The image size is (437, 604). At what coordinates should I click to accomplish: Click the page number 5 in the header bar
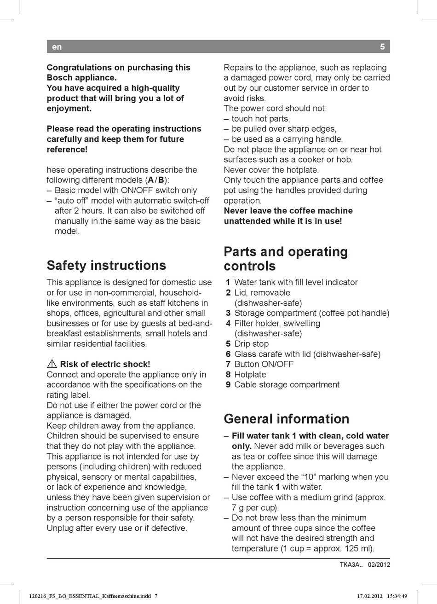click(x=382, y=46)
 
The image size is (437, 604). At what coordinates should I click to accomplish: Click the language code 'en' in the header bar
click(x=57, y=46)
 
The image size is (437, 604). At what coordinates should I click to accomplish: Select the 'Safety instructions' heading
click(x=106, y=265)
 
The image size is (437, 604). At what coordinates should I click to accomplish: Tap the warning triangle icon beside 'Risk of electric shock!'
click(x=52, y=364)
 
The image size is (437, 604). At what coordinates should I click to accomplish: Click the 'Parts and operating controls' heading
click(x=286, y=259)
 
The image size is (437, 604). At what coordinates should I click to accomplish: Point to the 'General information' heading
click(x=286, y=418)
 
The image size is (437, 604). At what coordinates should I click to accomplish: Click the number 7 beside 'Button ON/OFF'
click(x=228, y=364)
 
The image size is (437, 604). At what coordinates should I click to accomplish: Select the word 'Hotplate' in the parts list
click(x=250, y=374)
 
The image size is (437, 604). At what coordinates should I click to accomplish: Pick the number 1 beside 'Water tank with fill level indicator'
click(x=228, y=282)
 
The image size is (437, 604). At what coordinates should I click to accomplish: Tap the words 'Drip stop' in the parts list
click(x=251, y=344)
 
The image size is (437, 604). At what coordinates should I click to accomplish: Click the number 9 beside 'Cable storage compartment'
click(x=228, y=384)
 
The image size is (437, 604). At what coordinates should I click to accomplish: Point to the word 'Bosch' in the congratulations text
click(x=59, y=78)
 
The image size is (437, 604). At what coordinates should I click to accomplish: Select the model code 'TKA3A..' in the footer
click(x=351, y=565)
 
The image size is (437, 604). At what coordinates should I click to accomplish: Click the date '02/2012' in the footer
click(x=379, y=565)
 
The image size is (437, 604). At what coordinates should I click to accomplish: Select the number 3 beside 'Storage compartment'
click(x=228, y=313)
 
